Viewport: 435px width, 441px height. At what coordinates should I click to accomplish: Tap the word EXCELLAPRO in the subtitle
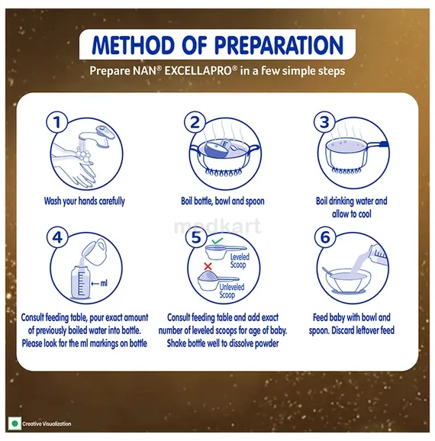click(x=198, y=71)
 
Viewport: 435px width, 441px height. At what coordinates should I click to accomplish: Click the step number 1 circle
click(x=57, y=122)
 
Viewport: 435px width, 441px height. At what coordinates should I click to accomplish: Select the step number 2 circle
click(x=195, y=122)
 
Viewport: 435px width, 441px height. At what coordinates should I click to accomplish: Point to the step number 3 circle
click(x=324, y=122)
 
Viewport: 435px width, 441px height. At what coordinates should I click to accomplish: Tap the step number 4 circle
click(x=57, y=237)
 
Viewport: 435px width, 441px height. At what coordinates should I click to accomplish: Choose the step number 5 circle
click(x=196, y=237)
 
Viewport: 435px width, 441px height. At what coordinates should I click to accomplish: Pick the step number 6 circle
click(x=325, y=237)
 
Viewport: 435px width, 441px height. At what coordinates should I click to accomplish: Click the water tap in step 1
click(x=97, y=137)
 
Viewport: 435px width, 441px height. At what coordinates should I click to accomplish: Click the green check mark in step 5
click(x=217, y=241)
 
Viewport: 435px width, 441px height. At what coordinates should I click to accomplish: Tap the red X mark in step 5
click(x=208, y=266)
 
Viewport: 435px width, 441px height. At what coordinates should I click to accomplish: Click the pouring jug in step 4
click(x=95, y=252)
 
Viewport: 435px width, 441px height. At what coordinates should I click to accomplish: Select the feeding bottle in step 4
click(x=80, y=282)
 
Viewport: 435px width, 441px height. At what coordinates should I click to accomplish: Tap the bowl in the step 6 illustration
click(x=346, y=281)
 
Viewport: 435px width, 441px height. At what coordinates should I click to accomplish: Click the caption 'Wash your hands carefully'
click(x=85, y=201)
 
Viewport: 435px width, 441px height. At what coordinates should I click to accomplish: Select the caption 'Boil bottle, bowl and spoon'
click(x=223, y=201)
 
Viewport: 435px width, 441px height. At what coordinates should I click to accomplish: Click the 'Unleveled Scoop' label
click(x=231, y=291)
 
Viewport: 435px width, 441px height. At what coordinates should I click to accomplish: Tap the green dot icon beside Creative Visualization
click(x=15, y=423)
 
